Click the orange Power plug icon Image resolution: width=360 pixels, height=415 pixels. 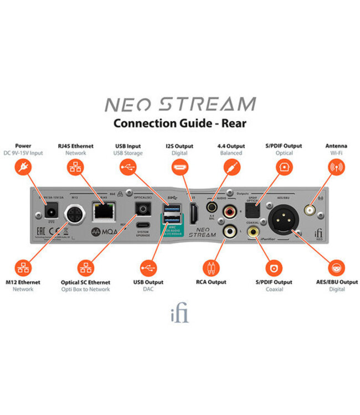pyautogui.click(x=23, y=168)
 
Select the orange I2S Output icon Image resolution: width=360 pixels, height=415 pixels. pyautogui.click(x=180, y=168)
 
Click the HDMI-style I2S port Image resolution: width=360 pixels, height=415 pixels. pyautogui.click(x=194, y=214)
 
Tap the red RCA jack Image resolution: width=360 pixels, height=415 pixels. pyautogui.click(x=228, y=211)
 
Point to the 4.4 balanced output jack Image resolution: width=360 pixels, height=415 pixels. pyautogui.click(x=212, y=207)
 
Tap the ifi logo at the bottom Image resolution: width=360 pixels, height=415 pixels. pyautogui.click(x=180, y=314)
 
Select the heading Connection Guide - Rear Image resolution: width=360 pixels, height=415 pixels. pyautogui.click(x=179, y=123)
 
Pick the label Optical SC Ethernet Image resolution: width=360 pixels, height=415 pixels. pyautogui.click(x=86, y=282)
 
